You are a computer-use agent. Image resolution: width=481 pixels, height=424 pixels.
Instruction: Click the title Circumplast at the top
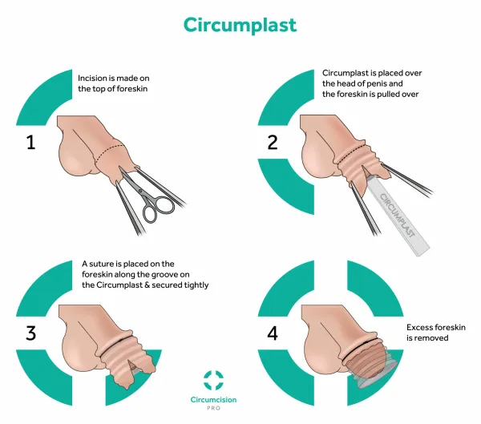[x=240, y=25]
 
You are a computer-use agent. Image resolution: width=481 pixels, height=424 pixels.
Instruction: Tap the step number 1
[x=30, y=143]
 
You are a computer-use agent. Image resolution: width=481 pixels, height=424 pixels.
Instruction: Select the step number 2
[x=273, y=143]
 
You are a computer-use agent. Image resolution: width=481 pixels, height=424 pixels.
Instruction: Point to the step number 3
[x=30, y=333]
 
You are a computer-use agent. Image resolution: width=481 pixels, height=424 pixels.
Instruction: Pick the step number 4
[x=273, y=333]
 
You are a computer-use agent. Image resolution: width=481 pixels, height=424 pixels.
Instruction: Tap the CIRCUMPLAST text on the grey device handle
[x=398, y=216]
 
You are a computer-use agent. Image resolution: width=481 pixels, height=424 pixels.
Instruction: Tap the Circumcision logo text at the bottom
[x=213, y=400]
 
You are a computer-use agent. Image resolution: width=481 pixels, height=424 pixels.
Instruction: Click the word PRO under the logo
[x=214, y=408]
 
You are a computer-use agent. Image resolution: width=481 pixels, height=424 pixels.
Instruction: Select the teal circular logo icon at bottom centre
[x=214, y=381]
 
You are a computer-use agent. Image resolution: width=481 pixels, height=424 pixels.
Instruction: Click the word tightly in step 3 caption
[x=196, y=285]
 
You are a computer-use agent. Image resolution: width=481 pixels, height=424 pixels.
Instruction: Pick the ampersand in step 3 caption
[x=147, y=285]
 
